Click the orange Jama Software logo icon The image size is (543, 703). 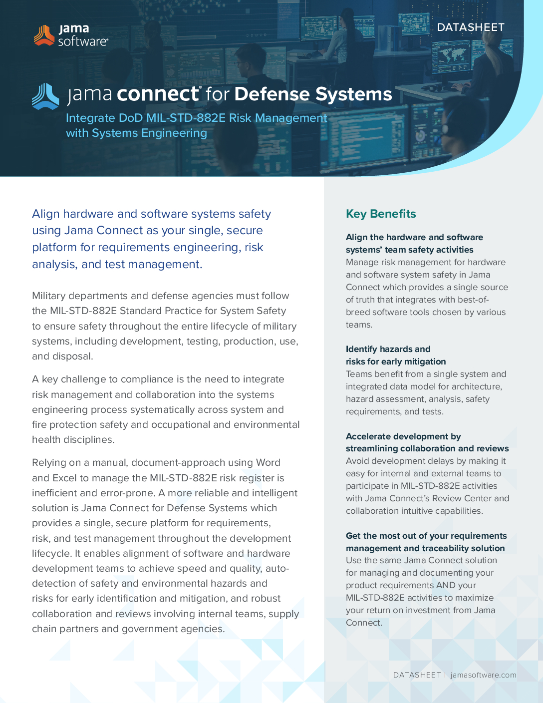coord(44,35)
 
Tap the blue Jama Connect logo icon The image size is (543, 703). coord(45,96)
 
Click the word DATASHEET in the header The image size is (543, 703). coord(471,27)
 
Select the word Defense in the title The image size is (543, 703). coord(272,94)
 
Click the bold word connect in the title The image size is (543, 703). coord(158,94)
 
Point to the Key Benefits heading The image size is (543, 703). coord(381,214)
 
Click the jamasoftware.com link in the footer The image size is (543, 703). coord(483,675)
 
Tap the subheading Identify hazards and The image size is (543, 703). coord(388,349)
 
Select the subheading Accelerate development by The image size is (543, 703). coord(403,436)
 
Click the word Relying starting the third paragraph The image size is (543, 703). coord(49,462)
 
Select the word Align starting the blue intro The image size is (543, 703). coord(45,214)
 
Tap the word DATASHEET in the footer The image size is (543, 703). coord(417,675)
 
